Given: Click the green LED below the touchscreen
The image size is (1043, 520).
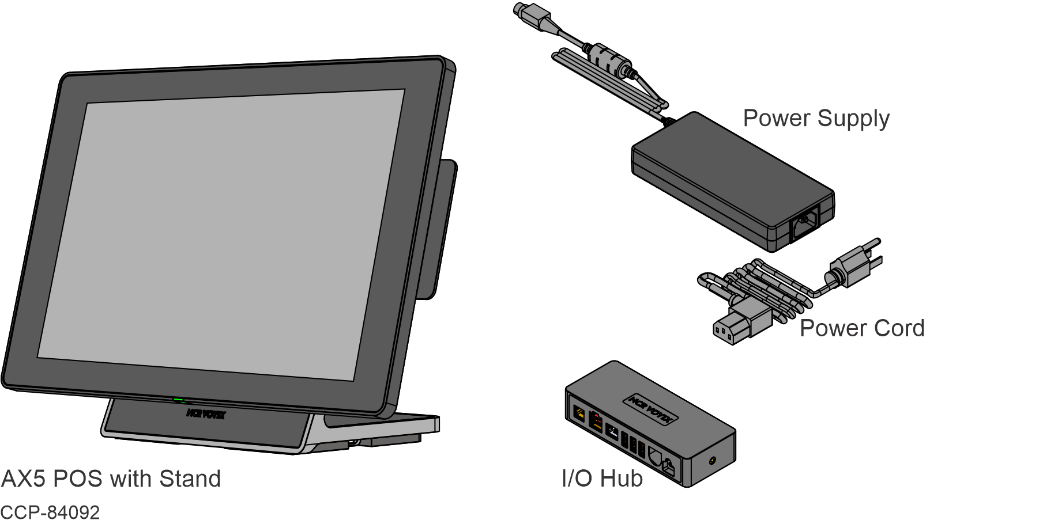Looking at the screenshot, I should [x=179, y=399].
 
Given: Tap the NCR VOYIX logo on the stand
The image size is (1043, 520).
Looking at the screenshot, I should [x=206, y=414].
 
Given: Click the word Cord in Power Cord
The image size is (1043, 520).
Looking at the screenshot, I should [x=899, y=329].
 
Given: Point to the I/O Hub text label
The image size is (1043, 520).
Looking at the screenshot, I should [x=602, y=479].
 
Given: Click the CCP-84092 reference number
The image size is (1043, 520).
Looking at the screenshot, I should [x=50, y=512].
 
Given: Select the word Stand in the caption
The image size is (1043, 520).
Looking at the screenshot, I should [x=190, y=479].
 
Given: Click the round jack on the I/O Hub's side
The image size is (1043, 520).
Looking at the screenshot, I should [x=714, y=460].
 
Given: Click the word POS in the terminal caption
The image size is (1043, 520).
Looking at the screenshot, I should [x=78, y=479].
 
